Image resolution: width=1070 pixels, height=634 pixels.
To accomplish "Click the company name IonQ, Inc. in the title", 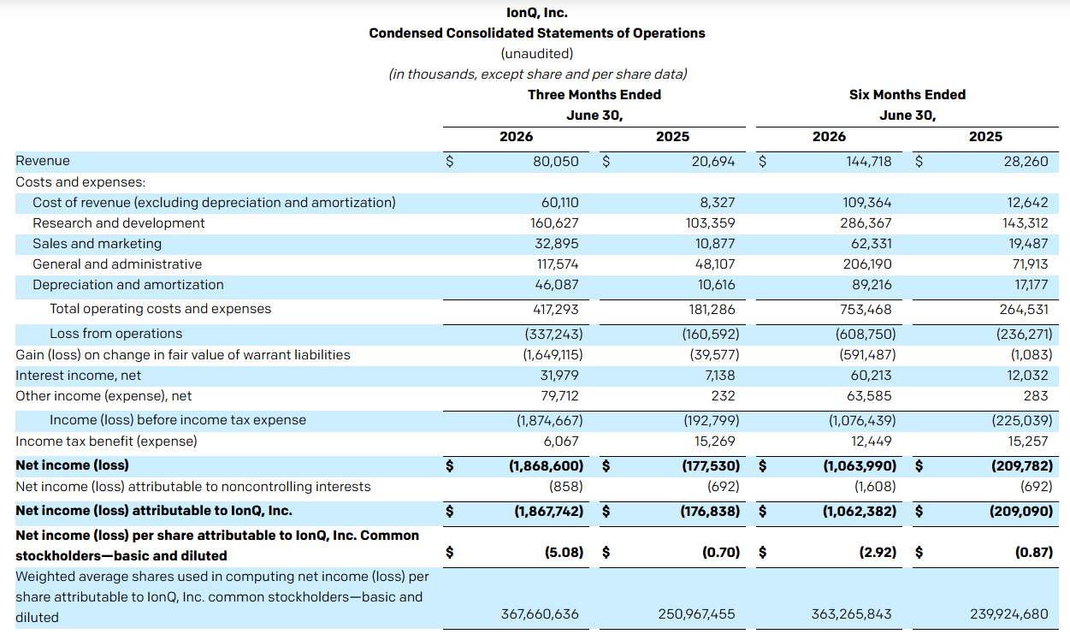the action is [537, 13].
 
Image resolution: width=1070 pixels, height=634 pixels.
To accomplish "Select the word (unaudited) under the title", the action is [537, 54].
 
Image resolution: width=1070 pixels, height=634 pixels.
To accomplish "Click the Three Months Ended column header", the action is [594, 95].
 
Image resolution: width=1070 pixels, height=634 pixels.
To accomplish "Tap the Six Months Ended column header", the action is [907, 95].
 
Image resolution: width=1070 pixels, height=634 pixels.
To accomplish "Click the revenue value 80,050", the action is [556, 162].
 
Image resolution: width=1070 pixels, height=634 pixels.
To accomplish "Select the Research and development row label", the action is [119, 223].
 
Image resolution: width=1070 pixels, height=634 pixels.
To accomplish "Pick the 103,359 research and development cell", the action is [710, 223].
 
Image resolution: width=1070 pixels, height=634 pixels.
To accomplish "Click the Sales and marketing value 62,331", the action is [871, 244].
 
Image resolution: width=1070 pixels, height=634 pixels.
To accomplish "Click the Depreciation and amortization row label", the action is [128, 285].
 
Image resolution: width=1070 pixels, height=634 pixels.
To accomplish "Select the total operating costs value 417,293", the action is [556, 310].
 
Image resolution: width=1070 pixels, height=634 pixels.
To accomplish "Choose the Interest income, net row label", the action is [79, 376].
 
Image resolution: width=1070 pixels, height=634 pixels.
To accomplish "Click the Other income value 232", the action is [723, 396].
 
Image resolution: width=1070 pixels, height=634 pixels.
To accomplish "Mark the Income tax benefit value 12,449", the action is [871, 441].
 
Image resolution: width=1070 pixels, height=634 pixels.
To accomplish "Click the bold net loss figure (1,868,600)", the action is [546, 465].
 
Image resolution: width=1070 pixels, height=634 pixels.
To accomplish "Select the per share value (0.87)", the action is [1034, 553].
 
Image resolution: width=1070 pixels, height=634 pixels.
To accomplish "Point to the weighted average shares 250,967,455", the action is [696, 614].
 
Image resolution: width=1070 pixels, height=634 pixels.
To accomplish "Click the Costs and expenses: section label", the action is [80, 182].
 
